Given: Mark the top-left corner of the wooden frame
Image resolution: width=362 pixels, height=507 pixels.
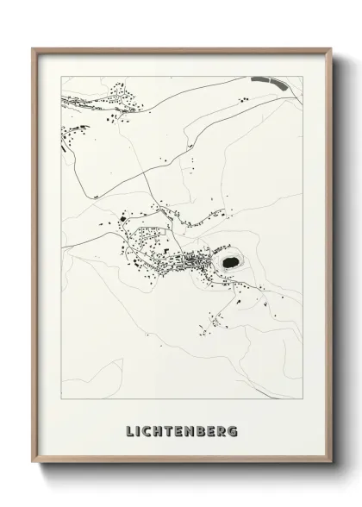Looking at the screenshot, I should click(x=34, y=48).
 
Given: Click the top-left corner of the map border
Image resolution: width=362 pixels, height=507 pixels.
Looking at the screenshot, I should click(x=59, y=74).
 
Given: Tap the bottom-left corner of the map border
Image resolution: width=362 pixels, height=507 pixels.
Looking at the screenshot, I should click(x=59, y=402).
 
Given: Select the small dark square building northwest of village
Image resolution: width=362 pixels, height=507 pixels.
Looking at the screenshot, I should click(x=122, y=220).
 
